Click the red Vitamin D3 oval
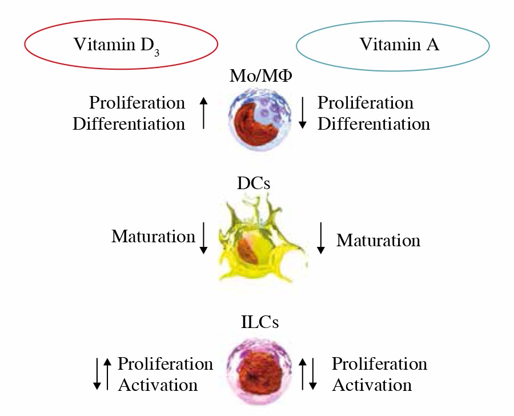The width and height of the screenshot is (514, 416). point(121,45)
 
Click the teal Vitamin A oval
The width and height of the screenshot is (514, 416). point(393,45)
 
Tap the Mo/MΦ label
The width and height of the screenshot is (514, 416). point(259,75)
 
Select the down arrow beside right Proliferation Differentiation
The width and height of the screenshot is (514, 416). point(303,112)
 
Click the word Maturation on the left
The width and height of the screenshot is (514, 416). point(153,237)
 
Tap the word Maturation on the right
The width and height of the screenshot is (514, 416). point(378,241)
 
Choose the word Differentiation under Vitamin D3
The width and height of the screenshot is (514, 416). point(129,123)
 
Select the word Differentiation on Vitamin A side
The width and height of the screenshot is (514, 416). point(374,123)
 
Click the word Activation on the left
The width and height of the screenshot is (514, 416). point(158,385)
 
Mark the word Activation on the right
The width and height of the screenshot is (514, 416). point(372,385)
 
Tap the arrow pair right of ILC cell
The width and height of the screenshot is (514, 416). point(308,374)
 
